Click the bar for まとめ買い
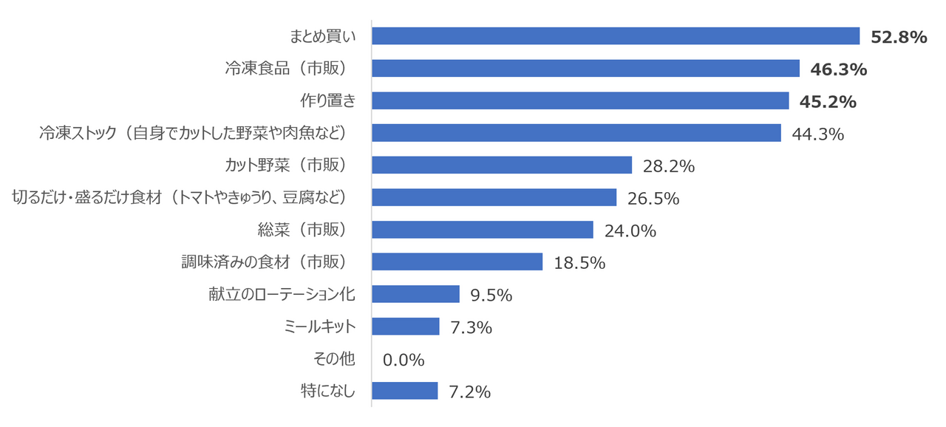[x=616, y=36]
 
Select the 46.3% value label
[x=838, y=69]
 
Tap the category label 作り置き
[x=328, y=100]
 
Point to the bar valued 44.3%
[x=576, y=133]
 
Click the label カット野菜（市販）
[x=287, y=165]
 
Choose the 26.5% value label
[x=653, y=198]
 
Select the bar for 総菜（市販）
[x=483, y=230]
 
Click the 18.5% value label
[x=579, y=263]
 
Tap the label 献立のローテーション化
[x=282, y=294]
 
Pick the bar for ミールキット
[x=406, y=326]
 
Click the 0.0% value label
[x=404, y=360]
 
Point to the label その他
[x=334, y=358]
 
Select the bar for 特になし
[x=405, y=391]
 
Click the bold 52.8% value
[x=899, y=37]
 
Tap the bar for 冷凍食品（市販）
[x=586, y=69]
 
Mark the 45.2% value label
[x=828, y=102]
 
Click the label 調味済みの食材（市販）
[x=265, y=262]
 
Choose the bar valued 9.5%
[x=415, y=294]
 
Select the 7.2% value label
[x=469, y=392]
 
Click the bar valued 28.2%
[x=502, y=165]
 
